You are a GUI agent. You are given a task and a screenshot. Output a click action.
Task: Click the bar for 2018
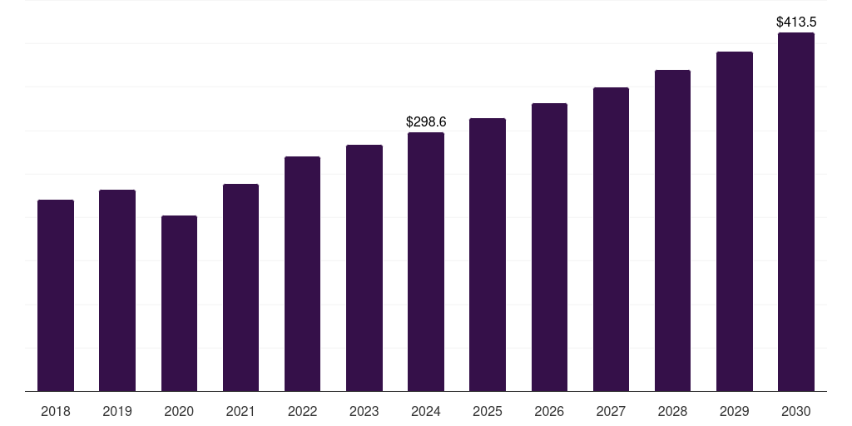click(x=56, y=295)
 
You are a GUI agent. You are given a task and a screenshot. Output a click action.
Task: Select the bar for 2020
click(x=179, y=304)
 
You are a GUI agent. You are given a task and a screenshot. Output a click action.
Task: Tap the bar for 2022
click(x=302, y=274)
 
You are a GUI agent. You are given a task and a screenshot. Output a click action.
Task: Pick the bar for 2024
click(x=426, y=262)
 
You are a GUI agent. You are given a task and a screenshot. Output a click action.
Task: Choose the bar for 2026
click(x=549, y=247)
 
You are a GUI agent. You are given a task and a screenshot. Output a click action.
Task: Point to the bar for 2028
click(x=672, y=230)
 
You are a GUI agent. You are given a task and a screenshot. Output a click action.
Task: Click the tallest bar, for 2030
click(x=795, y=212)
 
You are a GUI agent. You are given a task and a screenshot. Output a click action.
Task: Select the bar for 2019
click(x=117, y=290)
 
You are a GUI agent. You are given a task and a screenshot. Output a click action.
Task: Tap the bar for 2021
click(x=240, y=287)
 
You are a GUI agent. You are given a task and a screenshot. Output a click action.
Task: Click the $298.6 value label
click(x=426, y=122)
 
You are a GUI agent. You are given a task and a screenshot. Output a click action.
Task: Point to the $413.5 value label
click(x=796, y=22)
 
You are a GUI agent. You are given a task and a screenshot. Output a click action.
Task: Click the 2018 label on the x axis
click(x=56, y=411)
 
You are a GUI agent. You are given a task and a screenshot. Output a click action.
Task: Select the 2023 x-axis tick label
click(x=364, y=411)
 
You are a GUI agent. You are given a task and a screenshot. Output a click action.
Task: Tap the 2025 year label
click(x=488, y=411)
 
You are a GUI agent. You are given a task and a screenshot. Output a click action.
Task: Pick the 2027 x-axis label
click(x=611, y=411)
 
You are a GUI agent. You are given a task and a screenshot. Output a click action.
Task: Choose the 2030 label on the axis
click(x=795, y=411)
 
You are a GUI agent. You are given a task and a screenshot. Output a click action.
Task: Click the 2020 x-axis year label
click(x=179, y=411)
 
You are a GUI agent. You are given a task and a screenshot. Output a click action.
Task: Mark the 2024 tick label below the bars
click(x=426, y=411)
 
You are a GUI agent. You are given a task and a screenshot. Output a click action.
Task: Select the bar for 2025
click(x=488, y=255)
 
